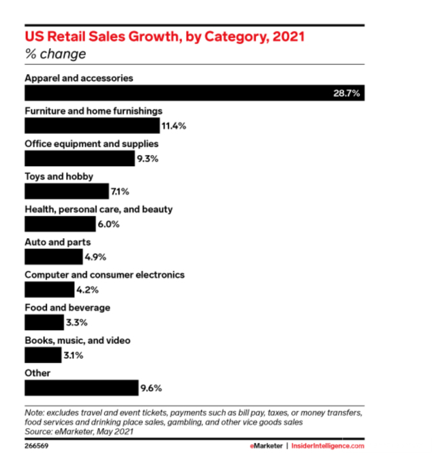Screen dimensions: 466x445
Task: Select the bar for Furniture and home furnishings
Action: click(x=91, y=126)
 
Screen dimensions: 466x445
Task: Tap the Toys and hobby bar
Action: click(x=66, y=191)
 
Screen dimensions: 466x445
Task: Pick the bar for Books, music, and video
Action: click(x=42, y=355)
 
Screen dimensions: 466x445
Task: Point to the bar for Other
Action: click(x=81, y=388)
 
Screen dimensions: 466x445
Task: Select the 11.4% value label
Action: click(x=174, y=126)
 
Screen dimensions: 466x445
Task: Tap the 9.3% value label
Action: click(x=147, y=159)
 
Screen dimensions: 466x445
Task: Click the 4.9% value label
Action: click(x=96, y=257)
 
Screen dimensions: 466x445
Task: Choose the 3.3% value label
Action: click(x=75, y=322)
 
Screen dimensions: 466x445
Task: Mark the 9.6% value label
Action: click(x=150, y=388)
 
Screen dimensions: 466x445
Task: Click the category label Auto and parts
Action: click(x=57, y=242)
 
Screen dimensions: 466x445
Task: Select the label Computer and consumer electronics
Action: click(x=104, y=275)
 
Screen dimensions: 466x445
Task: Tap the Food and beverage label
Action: click(x=67, y=308)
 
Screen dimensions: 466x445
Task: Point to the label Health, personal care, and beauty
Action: click(x=98, y=209)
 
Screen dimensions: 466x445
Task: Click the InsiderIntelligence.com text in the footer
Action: click(x=328, y=445)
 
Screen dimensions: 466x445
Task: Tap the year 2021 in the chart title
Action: click(x=289, y=37)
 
